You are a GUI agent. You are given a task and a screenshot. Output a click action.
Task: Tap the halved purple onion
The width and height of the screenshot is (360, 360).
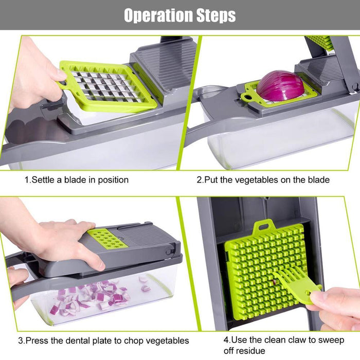[x=280, y=85]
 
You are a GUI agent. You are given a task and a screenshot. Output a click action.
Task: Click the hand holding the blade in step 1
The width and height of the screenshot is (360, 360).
[x=31, y=77]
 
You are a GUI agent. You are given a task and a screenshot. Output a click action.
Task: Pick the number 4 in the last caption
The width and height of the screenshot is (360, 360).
[x=226, y=340]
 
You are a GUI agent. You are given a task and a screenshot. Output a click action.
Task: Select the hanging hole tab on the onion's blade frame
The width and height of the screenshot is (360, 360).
[x=248, y=96]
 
